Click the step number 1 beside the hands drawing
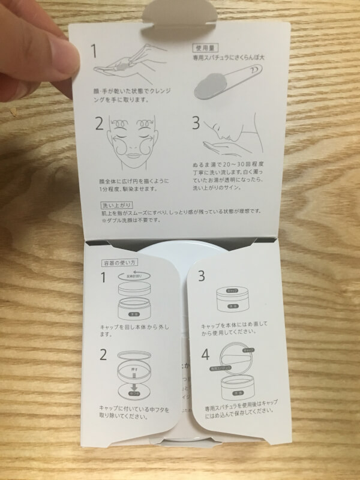point(94,50)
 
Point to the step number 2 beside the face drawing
point(100,124)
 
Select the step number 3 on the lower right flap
point(202,275)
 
